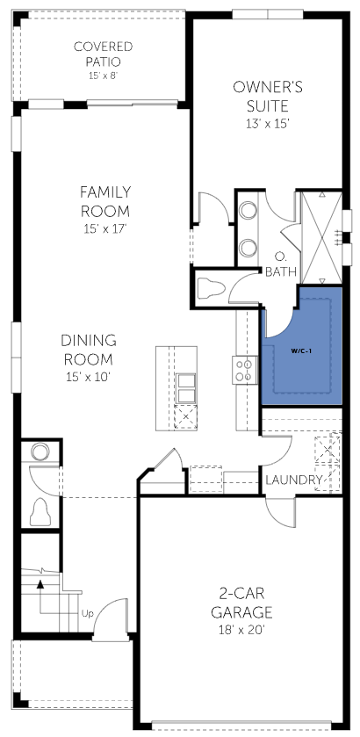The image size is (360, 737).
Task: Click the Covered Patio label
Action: [x=103, y=54]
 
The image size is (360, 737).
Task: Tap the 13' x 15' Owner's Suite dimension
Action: [x=267, y=124]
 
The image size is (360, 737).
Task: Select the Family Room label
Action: [x=105, y=202]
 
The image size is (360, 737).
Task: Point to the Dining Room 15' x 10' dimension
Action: [x=88, y=377]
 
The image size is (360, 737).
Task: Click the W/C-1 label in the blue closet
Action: [x=301, y=350]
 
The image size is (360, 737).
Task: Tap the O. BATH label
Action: [x=281, y=264]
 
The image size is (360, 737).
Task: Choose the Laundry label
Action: [x=294, y=480]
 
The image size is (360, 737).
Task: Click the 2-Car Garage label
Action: [x=241, y=603]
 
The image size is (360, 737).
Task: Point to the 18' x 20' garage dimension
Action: [x=241, y=631]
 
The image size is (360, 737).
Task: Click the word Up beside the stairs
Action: [x=88, y=613]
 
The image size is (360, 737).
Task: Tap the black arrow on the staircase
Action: [x=40, y=584]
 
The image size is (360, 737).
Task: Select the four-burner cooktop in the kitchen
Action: [x=245, y=370]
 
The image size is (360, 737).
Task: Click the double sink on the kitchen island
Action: [x=185, y=388]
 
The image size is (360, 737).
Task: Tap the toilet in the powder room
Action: [x=40, y=512]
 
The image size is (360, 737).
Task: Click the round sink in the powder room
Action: [x=40, y=452]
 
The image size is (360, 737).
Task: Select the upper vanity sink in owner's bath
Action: [x=248, y=210]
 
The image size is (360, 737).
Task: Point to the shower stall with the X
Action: [x=321, y=238]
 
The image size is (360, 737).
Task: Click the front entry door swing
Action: [x=112, y=618]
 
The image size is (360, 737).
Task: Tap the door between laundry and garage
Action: [x=281, y=512]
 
